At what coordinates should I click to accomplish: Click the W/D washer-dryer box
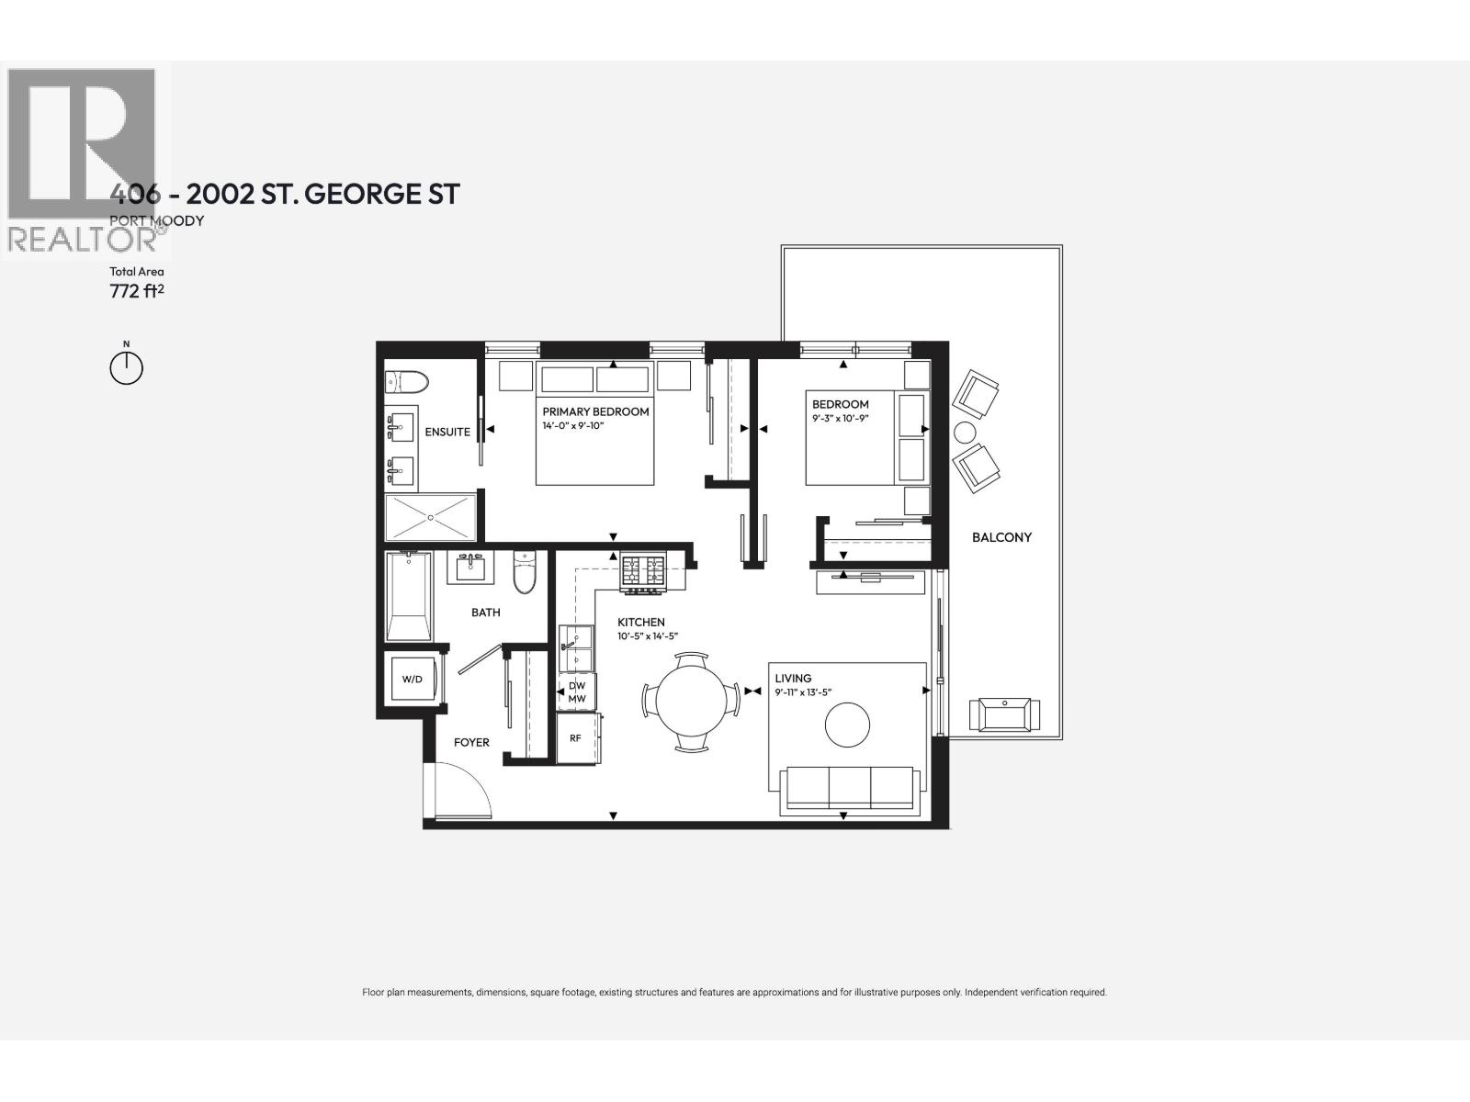(413, 680)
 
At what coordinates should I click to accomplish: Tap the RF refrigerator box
(576, 737)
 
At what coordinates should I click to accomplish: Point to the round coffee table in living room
(847, 725)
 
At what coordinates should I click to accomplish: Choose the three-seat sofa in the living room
(849, 790)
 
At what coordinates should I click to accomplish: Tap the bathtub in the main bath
(409, 597)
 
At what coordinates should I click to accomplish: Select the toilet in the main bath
(525, 572)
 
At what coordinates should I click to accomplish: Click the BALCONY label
(1001, 537)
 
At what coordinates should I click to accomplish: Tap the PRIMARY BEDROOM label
(595, 411)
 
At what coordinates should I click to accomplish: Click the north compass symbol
(127, 367)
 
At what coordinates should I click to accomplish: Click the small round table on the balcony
(967, 432)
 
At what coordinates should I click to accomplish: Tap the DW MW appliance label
(577, 692)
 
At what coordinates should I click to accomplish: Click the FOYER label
(471, 742)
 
